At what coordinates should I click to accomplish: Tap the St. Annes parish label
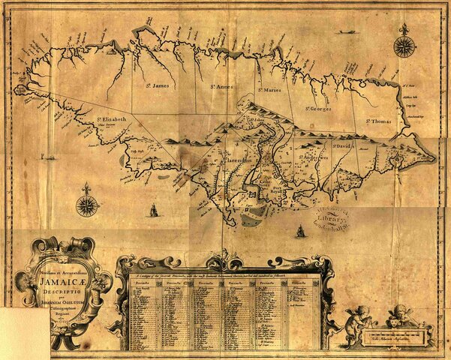click(221, 88)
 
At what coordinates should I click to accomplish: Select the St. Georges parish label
click(318, 109)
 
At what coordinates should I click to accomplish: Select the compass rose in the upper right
click(404, 46)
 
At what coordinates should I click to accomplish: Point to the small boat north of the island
click(346, 33)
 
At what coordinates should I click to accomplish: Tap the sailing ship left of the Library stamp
click(299, 231)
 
